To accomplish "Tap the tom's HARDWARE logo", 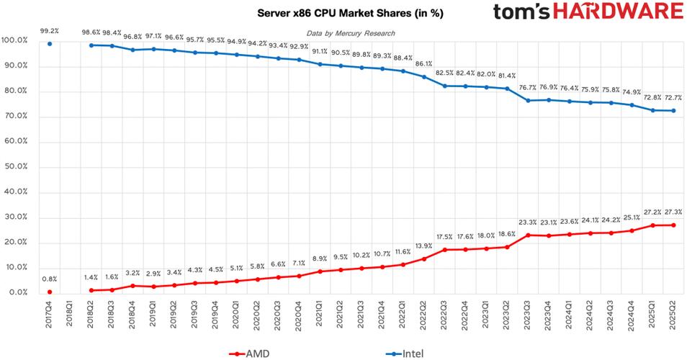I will click(x=588, y=12).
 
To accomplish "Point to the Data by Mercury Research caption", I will click(x=350, y=33).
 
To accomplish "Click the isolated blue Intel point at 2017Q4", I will click(x=50, y=44).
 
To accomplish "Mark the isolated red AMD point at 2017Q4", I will click(x=50, y=292).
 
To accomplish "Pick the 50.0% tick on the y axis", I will click(x=15, y=167).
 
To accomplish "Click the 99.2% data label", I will click(x=50, y=31).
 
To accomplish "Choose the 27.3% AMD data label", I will click(x=674, y=213).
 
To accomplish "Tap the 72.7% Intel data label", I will click(x=674, y=97).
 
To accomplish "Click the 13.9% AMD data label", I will click(x=424, y=246).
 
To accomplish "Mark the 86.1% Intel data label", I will click(x=424, y=63).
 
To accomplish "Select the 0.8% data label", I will click(x=50, y=279).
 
